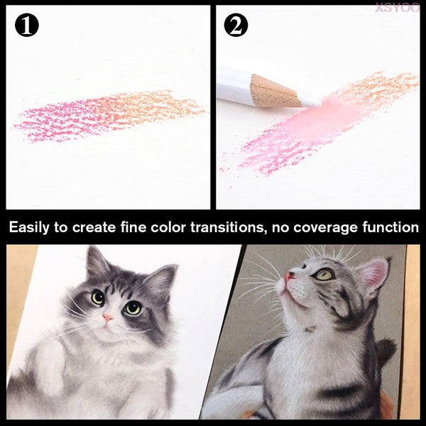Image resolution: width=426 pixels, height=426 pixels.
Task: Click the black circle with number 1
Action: coord(27,25)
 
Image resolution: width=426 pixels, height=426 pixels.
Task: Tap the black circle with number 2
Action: coord(236,25)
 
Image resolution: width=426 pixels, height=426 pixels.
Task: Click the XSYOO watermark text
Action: coord(397,8)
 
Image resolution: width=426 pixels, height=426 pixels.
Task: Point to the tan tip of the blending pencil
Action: coord(274,90)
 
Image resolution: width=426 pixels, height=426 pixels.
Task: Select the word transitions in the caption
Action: coord(227,227)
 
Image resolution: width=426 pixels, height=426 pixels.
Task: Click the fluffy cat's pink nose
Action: coord(108,317)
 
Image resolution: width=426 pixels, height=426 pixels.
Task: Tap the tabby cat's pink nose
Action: coord(288,277)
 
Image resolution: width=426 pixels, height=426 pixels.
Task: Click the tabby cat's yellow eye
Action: coord(324,274)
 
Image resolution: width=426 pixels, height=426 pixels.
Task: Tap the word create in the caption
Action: coord(94,228)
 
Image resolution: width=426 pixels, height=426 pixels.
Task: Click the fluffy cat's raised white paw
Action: coord(49,369)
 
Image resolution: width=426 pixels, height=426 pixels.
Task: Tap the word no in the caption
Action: coord(280,228)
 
